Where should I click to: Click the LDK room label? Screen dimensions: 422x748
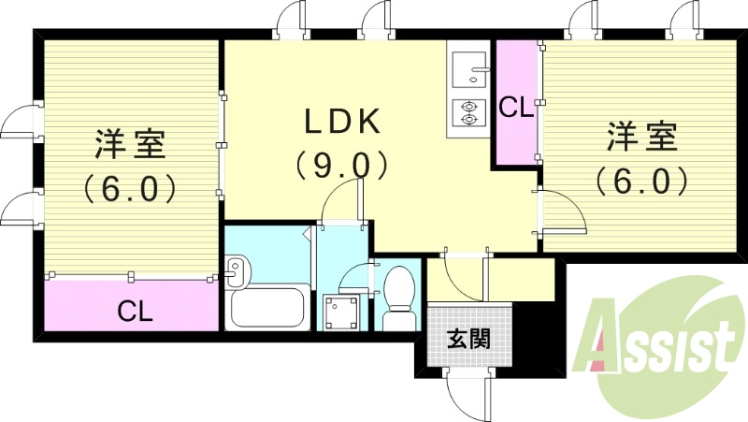[x=341, y=122]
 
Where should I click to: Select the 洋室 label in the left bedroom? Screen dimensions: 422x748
[x=130, y=145]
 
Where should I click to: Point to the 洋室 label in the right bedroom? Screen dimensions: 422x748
[x=640, y=137]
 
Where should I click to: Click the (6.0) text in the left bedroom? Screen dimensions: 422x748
[x=130, y=190]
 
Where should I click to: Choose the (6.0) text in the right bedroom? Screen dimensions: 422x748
[x=640, y=180]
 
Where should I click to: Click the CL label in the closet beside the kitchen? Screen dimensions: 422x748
[x=515, y=108]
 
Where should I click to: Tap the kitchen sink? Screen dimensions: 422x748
[x=466, y=68]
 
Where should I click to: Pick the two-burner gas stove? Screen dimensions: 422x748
[x=466, y=112]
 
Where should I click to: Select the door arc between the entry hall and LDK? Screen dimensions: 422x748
[x=460, y=271]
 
